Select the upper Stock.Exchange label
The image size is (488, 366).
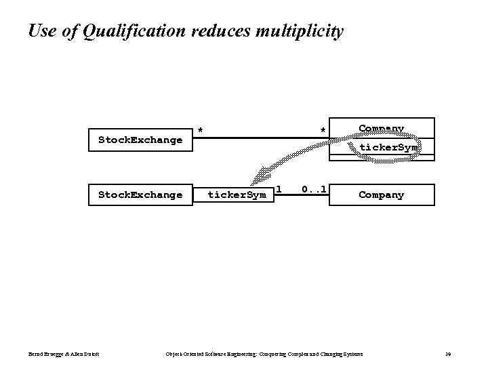point(140,140)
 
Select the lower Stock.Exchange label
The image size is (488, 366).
point(140,195)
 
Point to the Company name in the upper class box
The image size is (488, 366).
point(381,128)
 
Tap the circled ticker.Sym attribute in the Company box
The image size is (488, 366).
point(388,147)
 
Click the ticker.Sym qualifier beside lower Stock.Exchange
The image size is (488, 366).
point(237,195)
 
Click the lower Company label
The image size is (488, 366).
point(381,195)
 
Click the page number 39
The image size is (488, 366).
point(449,354)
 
